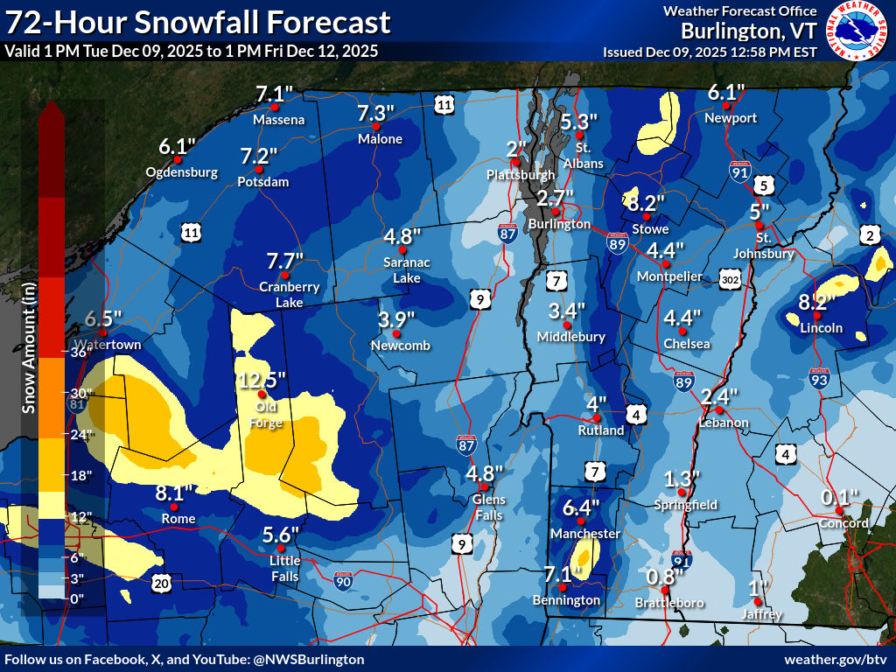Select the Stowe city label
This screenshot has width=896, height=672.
[650, 229]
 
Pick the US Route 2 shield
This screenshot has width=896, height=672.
[870, 234]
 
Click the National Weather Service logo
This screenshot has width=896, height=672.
[857, 30]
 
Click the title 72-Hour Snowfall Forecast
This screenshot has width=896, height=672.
[197, 21]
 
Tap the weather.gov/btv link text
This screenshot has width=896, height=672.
[836, 659]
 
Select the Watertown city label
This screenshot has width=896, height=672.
[108, 345]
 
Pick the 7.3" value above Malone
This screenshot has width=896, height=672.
[376, 113]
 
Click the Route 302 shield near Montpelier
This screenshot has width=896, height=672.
[731, 279]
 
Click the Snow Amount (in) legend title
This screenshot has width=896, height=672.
[28, 355]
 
